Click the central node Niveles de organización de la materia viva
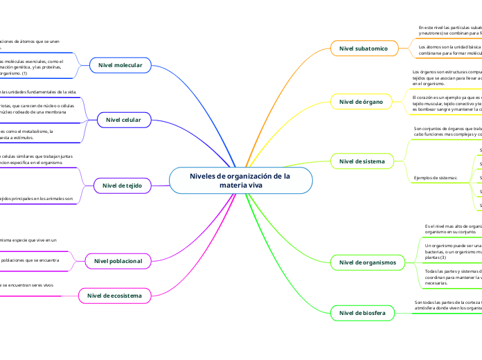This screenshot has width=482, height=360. click(x=240, y=181)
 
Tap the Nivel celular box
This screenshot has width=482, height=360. click(x=123, y=120)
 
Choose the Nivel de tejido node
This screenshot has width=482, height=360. click(x=122, y=185)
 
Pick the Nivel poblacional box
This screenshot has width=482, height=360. click(x=118, y=261)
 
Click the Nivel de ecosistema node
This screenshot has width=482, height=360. click(x=114, y=296)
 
